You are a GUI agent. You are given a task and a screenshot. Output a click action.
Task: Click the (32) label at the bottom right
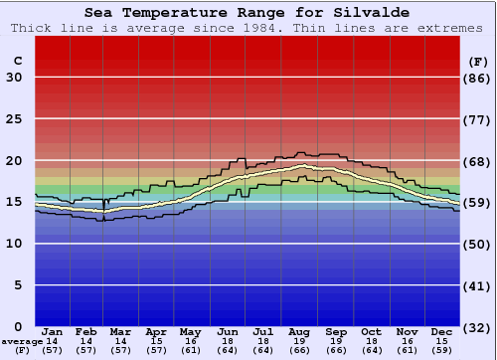[x=477, y=327]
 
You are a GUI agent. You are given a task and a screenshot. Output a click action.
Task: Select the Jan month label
[x=53, y=331]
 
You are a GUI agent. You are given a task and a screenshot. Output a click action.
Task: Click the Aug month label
[x=300, y=331]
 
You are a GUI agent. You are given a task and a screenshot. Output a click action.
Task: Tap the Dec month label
[x=442, y=331]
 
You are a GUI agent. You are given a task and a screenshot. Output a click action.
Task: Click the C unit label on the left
[x=17, y=62]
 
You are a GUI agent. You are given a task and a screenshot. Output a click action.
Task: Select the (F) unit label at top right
[x=477, y=62]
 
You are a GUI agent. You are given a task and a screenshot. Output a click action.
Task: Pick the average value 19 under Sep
[x=336, y=341]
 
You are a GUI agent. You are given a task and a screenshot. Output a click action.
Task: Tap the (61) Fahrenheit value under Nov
[x=408, y=351]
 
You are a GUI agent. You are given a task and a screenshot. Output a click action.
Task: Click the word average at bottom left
[x=22, y=341]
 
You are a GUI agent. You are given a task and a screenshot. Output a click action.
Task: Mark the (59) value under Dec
[x=442, y=351]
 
